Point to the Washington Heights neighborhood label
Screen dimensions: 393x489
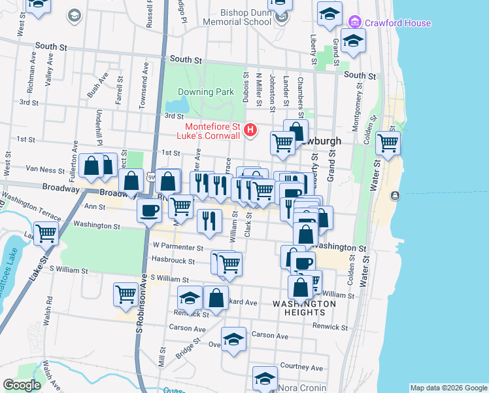coord(304,308)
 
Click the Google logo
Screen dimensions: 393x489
coord(22,385)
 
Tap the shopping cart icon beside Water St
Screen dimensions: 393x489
coord(388,143)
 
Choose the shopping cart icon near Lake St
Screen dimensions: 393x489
coord(46,233)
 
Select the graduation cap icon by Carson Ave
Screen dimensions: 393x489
coord(233,339)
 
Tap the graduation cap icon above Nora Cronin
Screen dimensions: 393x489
coord(265,379)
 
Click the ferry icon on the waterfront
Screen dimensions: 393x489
coord(395,196)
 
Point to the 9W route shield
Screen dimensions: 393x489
coord(151,177)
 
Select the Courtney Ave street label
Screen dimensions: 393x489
coord(301,367)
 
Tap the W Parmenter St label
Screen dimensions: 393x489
coord(178,247)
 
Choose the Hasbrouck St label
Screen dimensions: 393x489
coord(173,261)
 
